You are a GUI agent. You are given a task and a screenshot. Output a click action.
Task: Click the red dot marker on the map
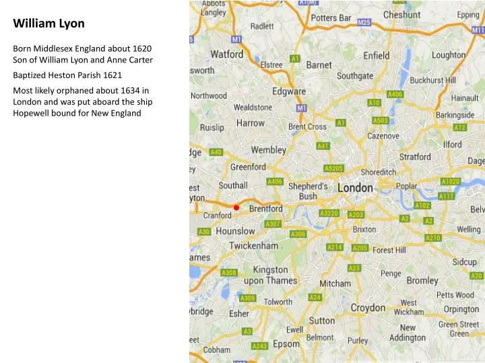coord(236,207)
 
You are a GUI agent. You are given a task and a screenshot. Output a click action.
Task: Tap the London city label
coord(355,189)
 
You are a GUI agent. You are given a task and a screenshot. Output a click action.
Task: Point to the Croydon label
coord(368,307)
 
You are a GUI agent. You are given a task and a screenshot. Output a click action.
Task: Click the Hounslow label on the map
coord(235,231)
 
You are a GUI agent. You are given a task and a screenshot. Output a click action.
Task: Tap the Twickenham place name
coord(253,246)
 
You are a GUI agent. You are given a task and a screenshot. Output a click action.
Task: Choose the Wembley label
coord(269,149)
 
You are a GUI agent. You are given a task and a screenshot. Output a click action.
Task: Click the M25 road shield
coord(364,22)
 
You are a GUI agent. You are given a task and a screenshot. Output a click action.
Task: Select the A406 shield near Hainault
coord(395,94)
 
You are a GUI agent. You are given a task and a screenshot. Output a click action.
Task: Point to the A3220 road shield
coord(329,214)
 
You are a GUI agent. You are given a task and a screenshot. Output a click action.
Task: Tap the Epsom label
coord(286,344)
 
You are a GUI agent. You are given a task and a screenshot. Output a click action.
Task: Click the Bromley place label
coord(422,280)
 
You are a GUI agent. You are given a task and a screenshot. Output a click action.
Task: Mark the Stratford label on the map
coord(415,157)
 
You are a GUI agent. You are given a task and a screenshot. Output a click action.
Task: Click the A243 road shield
coord(259,346)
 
